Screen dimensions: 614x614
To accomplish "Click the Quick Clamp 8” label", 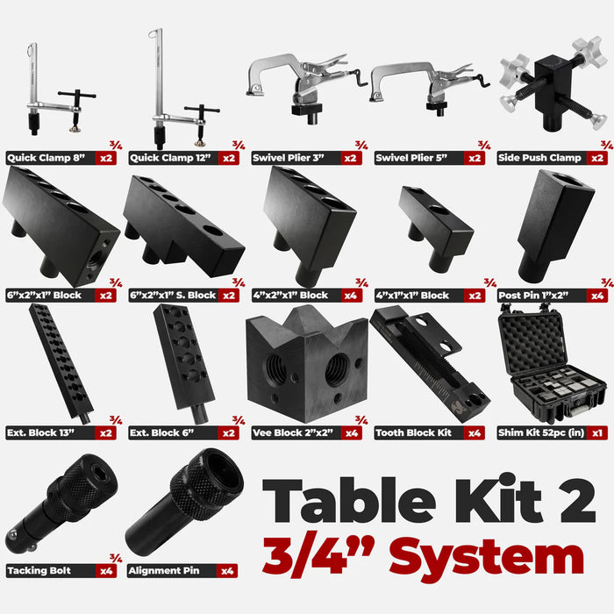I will [44, 159].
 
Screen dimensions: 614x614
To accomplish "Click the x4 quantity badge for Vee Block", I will [353, 432].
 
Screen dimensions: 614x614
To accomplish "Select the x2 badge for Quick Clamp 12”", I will [229, 159].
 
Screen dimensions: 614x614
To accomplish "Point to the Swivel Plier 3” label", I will [289, 159].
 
